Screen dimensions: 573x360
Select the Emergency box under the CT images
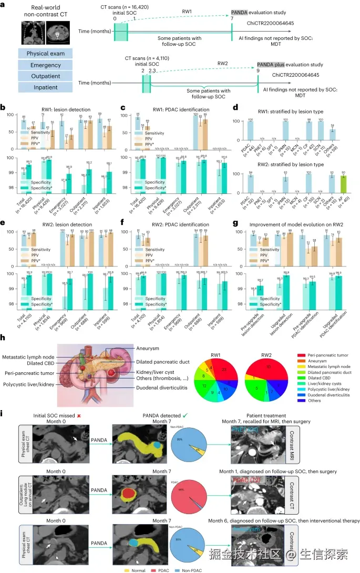(45, 65)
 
